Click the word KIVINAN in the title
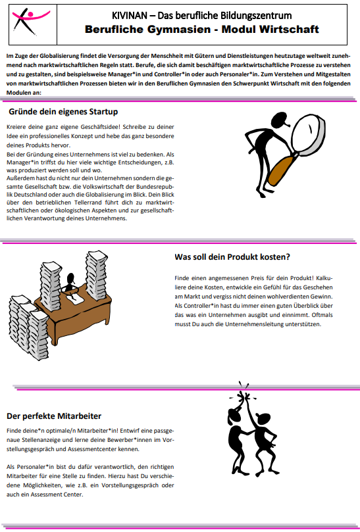point(130,16)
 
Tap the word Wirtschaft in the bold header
point(289,30)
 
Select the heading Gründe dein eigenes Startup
point(63,112)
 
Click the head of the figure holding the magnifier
point(280,119)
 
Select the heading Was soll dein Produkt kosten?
point(232,257)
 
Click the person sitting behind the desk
point(70,282)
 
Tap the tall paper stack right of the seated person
point(97,275)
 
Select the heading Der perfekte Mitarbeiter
point(54,416)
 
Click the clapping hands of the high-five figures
point(244,396)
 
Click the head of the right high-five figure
point(261,418)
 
